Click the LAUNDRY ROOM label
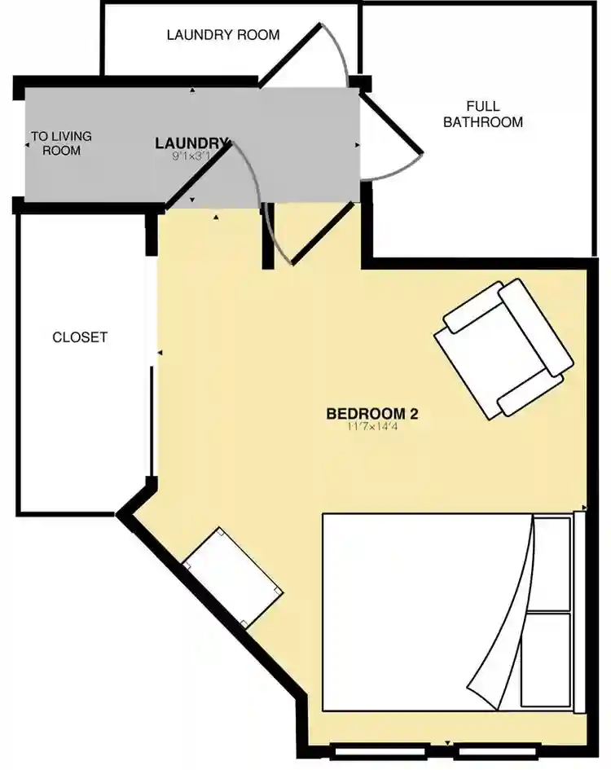(x=222, y=34)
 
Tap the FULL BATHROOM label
(x=482, y=114)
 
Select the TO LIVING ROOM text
(x=61, y=143)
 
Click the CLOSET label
(x=80, y=337)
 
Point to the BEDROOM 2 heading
(x=371, y=413)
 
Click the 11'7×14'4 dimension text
(x=371, y=426)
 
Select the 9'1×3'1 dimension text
(x=191, y=156)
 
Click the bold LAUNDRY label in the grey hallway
(x=192, y=143)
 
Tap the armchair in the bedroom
(x=503, y=348)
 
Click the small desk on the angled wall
(x=232, y=578)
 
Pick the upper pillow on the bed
(x=551, y=563)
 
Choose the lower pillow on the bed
(x=545, y=659)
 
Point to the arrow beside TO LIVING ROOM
(x=27, y=144)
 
